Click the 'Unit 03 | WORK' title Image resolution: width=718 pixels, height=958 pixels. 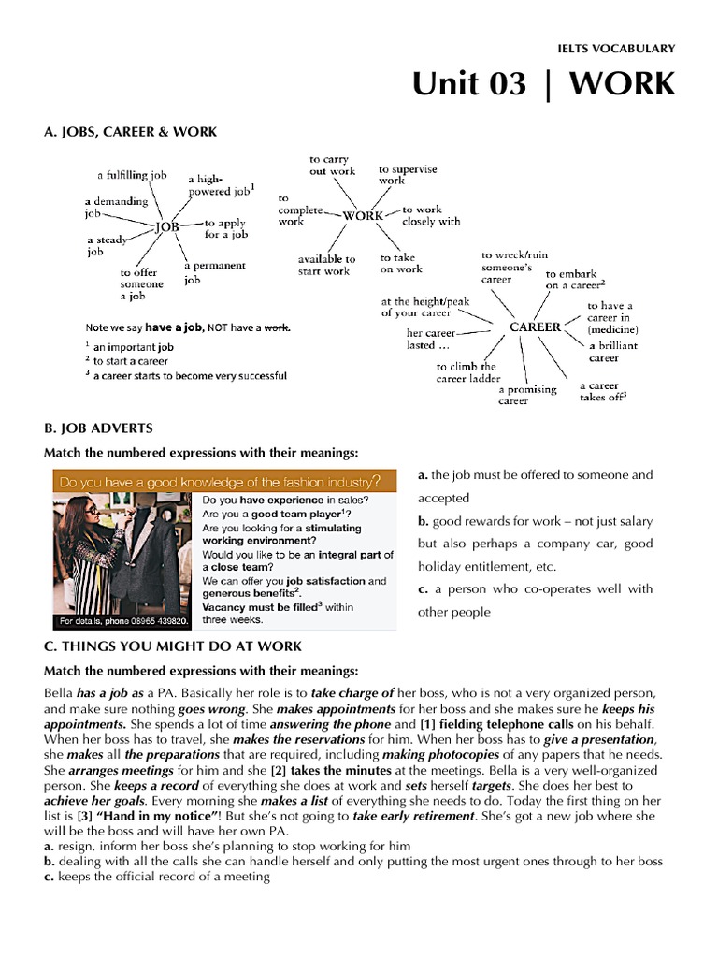(x=543, y=84)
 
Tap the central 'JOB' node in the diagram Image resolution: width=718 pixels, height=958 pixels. (x=166, y=225)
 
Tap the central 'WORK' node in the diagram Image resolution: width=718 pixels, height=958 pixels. (x=363, y=215)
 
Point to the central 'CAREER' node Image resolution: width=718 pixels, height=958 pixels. (x=535, y=327)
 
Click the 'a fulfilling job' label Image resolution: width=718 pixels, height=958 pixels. (x=132, y=175)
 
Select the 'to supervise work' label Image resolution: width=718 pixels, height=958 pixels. (x=407, y=175)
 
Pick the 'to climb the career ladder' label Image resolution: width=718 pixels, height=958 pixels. (x=467, y=372)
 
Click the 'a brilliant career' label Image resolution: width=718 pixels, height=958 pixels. (x=612, y=351)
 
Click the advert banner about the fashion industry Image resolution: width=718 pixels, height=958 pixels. (x=221, y=482)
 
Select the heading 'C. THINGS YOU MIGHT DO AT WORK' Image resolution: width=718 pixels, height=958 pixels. (x=173, y=646)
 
